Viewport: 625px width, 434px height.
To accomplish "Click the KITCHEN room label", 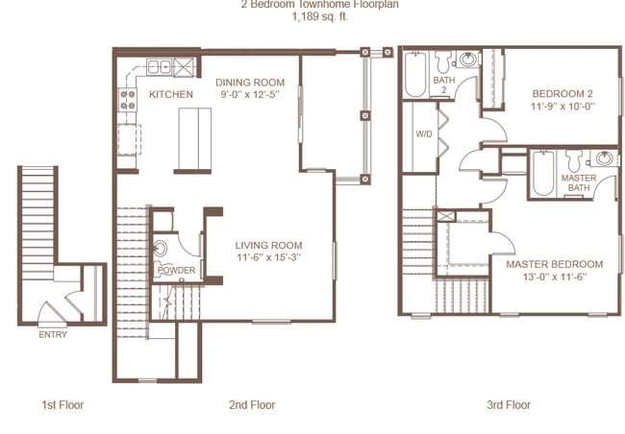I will tap(171, 95).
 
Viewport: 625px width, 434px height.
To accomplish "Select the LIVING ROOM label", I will tap(269, 245).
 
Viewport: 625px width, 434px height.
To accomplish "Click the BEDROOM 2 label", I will tap(563, 93).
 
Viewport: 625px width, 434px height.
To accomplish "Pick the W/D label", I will tap(423, 134).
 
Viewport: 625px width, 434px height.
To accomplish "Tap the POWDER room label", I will tap(176, 271).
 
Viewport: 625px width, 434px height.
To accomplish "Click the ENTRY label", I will tap(53, 335).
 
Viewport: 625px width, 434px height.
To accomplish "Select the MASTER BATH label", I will tap(579, 183).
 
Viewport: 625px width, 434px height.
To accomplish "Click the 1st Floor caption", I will tap(62, 405).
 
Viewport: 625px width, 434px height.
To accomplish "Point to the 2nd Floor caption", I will tap(253, 405).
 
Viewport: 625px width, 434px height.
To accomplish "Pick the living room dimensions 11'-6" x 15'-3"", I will tap(269, 257).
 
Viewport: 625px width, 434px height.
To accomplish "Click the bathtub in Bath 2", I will tap(415, 75).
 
